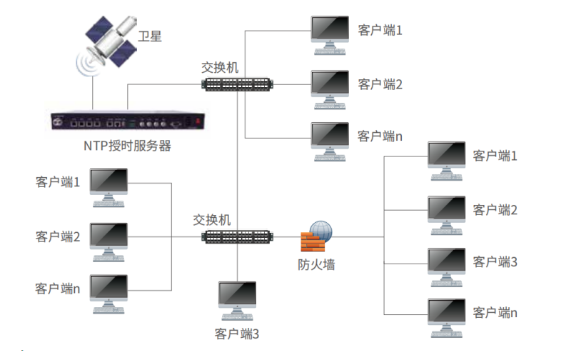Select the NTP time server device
click(127, 122)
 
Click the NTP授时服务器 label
click(127, 146)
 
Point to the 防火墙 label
click(316, 265)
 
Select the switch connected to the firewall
click(238, 236)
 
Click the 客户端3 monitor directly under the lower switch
click(238, 300)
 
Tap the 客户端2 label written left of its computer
click(58, 235)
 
